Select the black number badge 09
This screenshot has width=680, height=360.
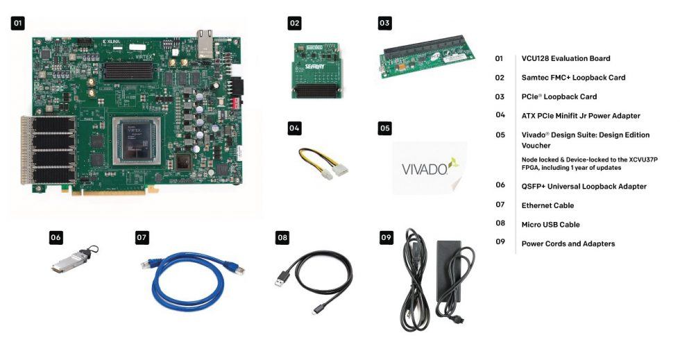click(x=386, y=238)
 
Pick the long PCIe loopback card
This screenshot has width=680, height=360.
click(x=425, y=58)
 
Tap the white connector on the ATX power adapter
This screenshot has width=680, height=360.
click(x=339, y=166)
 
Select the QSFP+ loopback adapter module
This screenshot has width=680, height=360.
click(x=71, y=264)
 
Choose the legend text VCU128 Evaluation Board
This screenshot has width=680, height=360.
click(x=566, y=58)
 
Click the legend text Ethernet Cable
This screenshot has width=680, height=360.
click(x=547, y=205)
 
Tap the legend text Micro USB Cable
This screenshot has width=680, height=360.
click(x=550, y=225)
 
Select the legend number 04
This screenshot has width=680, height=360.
click(x=500, y=115)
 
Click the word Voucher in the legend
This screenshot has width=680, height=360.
click(x=536, y=146)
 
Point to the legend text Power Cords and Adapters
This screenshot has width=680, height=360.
click(x=568, y=243)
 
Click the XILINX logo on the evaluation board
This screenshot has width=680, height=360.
click(x=112, y=42)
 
